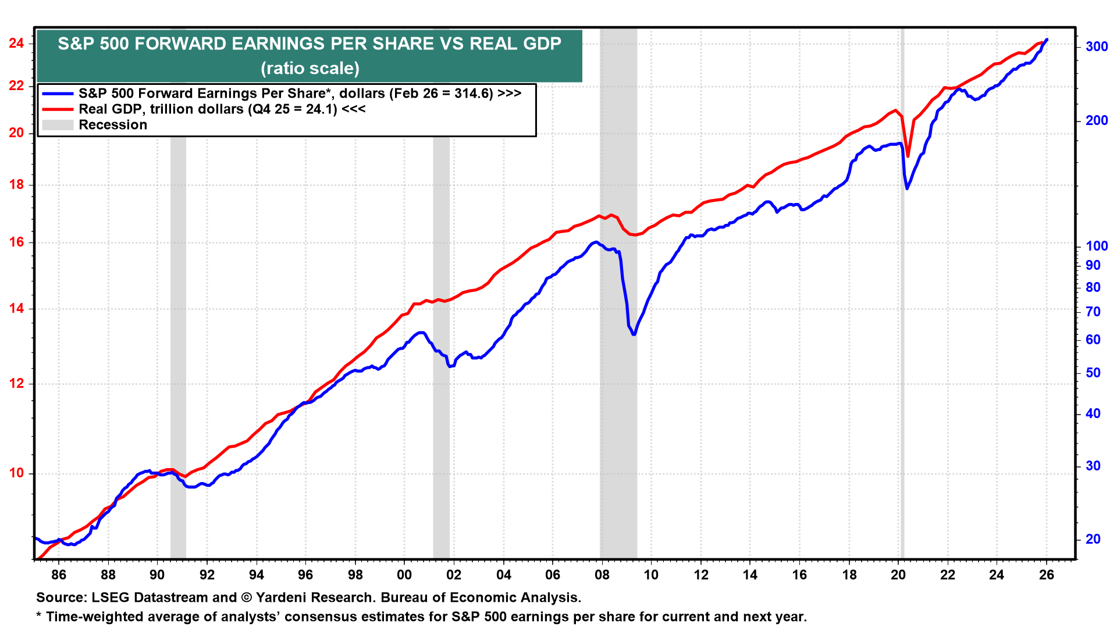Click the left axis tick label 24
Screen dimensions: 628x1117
point(16,44)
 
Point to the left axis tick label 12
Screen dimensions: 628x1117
point(16,384)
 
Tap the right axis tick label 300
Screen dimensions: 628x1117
point(1097,47)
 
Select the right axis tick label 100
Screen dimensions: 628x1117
point(1097,246)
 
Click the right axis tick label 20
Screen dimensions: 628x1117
point(1093,540)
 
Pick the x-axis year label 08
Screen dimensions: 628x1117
point(602,575)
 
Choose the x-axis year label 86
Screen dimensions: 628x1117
point(59,575)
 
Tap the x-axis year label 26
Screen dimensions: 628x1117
point(1047,575)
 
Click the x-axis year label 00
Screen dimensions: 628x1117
point(404,575)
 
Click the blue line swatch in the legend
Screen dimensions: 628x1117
point(58,94)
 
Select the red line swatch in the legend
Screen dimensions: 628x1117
point(58,109)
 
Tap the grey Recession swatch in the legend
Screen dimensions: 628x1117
point(58,125)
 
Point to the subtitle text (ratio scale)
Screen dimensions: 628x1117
point(310,69)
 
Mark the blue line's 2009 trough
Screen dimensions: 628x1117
point(634,334)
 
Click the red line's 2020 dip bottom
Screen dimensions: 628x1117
point(908,156)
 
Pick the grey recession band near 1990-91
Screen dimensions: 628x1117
point(178,349)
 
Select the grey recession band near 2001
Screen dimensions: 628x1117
point(442,349)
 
